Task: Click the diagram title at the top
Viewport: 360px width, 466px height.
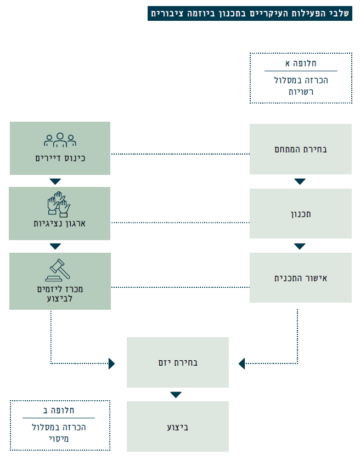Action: (x=250, y=13)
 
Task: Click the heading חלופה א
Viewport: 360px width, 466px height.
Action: (x=301, y=63)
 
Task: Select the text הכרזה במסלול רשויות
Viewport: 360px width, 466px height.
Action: (x=301, y=86)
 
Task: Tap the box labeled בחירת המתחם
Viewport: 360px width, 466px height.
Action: (x=301, y=149)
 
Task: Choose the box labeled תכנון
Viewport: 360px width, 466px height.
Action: (x=301, y=214)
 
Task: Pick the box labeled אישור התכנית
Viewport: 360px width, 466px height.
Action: (x=301, y=278)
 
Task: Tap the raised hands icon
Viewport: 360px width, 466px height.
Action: (x=59, y=203)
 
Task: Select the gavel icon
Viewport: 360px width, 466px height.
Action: (x=59, y=269)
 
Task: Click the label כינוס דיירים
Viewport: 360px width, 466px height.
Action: (x=60, y=159)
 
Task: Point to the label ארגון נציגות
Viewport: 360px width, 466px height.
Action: (x=60, y=223)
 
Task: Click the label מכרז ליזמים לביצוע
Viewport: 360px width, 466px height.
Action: (x=60, y=293)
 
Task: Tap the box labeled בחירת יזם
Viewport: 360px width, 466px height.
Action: (x=178, y=362)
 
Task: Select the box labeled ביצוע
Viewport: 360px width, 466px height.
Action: (x=178, y=427)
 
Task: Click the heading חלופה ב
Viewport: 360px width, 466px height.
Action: (x=60, y=410)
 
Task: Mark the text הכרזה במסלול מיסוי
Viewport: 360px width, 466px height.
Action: (x=60, y=433)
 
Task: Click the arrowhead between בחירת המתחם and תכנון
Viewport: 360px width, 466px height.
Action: (x=300, y=181)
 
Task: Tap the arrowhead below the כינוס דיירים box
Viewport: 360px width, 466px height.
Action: (x=55, y=181)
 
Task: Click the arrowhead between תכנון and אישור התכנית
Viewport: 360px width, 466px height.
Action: (x=300, y=246)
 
